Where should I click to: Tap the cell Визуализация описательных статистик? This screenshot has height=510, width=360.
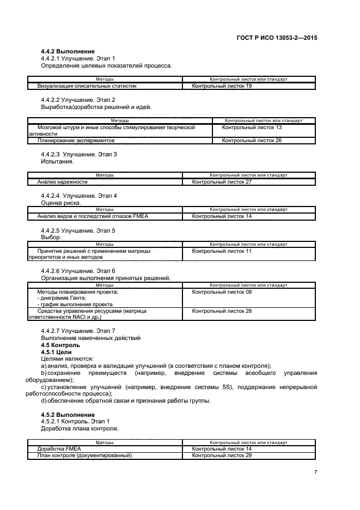click(x=87, y=86)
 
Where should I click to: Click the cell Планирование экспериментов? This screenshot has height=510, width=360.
click(x=76, y=141)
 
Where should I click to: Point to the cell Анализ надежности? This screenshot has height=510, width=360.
click(x=62, y=181)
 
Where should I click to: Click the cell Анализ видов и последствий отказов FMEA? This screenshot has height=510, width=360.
click(x=88, y=216)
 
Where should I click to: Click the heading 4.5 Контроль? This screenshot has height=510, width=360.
click(x=60, y=345)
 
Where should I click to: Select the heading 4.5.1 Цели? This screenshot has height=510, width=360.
click(x=56, y=352)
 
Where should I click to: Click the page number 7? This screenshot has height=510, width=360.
click(x=315, y=472)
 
